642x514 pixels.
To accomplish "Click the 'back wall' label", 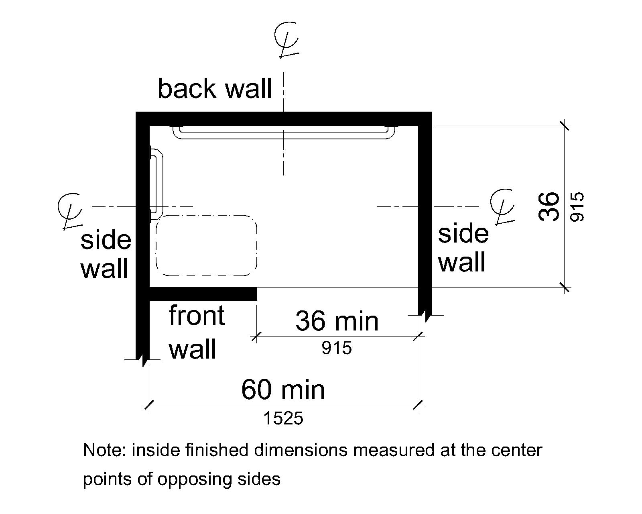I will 215,89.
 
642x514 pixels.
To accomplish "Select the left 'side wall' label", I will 106,254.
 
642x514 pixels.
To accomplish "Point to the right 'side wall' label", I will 463,248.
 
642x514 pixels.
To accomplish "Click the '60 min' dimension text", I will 283,390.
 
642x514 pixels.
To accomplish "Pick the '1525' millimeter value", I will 283,419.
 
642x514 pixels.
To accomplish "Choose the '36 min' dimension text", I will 337,321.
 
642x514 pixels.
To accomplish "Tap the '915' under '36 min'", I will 337,348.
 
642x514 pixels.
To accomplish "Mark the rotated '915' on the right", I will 577,207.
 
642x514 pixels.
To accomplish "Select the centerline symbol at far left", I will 69,211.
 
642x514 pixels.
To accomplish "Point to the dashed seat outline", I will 206,245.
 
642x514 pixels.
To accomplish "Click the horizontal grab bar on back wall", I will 284,133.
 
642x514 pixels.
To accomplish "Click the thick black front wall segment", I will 203,294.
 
